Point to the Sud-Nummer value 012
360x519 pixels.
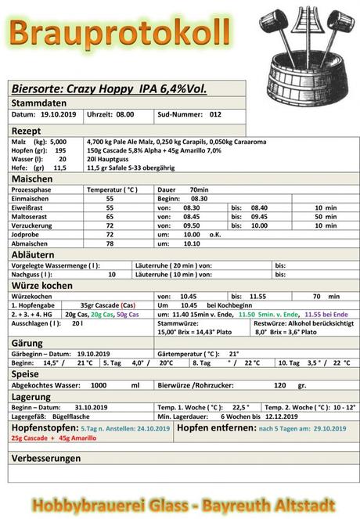[216, 114]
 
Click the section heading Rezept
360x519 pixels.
[26, 128]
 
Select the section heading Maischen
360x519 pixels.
[31, 178]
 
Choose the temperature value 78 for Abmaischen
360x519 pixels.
[110, 243]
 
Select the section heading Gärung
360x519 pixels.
[28, 343]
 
